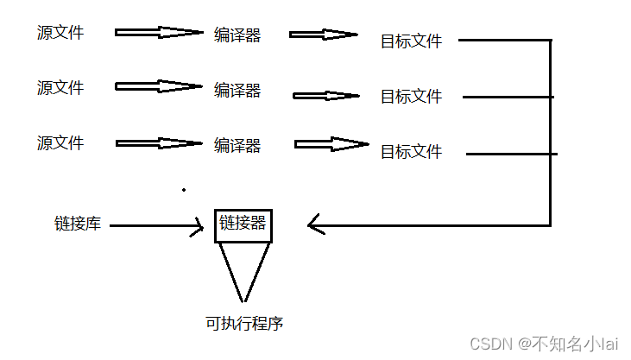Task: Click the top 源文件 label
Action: pos(60,33)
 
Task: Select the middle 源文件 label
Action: pos(60,87)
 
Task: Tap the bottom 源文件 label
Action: pos(60,142)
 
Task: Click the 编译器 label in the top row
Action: pos(237,35)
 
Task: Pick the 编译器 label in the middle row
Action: pos(237,90)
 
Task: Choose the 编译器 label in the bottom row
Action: pos(237,146)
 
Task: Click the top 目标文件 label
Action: pos(411,41)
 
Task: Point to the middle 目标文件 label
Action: pos(411,97)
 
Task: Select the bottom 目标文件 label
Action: pos(411,152)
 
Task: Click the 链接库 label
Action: pos(78,224)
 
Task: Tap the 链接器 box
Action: pos(243,225)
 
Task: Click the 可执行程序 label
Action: pos(244,325)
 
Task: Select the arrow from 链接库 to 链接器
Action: pos(156,227)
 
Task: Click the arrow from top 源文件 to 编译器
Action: pos(158,33)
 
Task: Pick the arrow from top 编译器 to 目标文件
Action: pos(323,35)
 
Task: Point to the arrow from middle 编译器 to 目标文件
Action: pos(326,95)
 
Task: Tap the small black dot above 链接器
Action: pos(184,189)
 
